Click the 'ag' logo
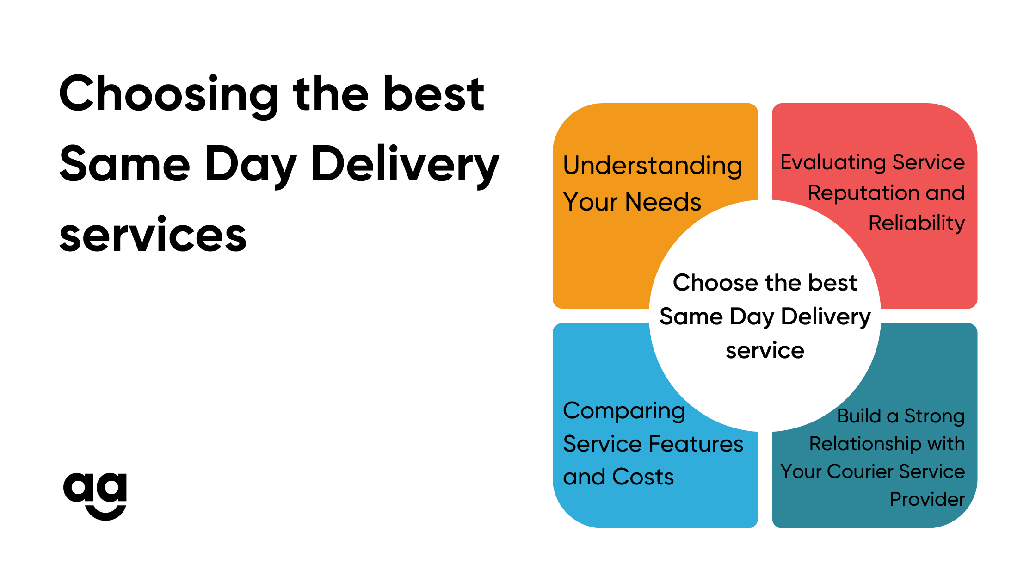(95, 495)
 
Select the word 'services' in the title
(153, 236)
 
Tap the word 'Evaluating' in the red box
(833, 162)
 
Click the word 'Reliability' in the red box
(916, 223)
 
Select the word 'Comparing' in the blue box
(624, 411)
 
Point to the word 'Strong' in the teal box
(934, 416)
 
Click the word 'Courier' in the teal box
(860, 472)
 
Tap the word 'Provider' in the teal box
(927, 499)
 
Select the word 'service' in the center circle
(765, 351)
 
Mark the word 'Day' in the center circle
(752, 317)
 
